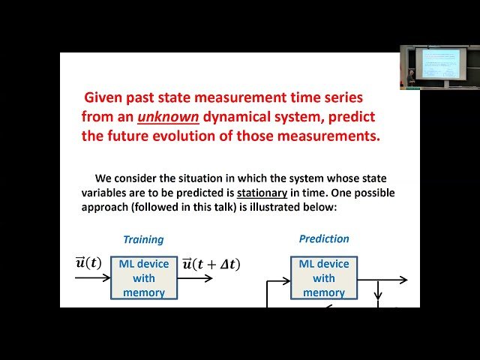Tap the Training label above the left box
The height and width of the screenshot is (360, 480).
pos(143,239)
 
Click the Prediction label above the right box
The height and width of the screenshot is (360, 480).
pos(324,238)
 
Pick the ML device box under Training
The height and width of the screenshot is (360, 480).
pos(144,277)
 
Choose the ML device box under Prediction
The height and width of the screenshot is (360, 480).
pos(324,277)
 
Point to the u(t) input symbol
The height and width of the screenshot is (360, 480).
pos(88,262)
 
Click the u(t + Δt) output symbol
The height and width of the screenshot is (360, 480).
pos(211,264)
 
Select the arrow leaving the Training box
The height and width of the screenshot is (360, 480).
pos(195,277)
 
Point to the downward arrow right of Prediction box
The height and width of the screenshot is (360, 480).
pos(379,289)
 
